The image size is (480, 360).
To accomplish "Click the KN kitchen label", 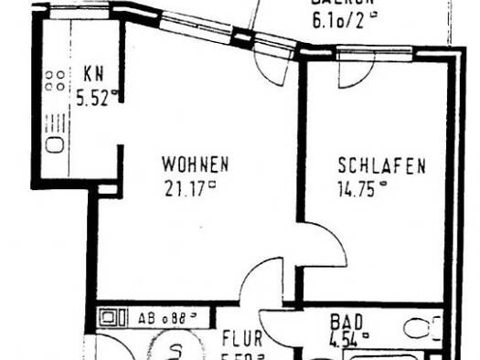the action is (x=93, y=74).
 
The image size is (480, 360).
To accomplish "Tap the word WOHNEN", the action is (x=195, y=165).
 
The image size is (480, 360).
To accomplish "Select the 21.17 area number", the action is (x=188, y=189).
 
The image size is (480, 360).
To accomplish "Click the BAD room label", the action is (x=347, y=322).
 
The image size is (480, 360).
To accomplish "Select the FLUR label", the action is (x=243, y=338).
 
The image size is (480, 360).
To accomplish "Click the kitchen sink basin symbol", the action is (x=54, y=144).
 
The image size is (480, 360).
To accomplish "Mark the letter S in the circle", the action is (x=180, y=350).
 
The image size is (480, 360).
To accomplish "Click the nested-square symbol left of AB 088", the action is (x=112, y=320).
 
